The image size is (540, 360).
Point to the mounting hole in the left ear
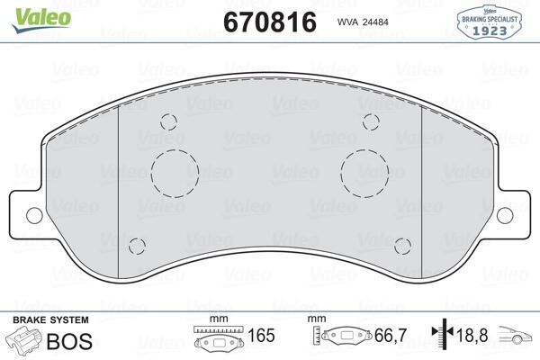click(33, 213)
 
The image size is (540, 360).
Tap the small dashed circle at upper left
click(167, 123)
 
